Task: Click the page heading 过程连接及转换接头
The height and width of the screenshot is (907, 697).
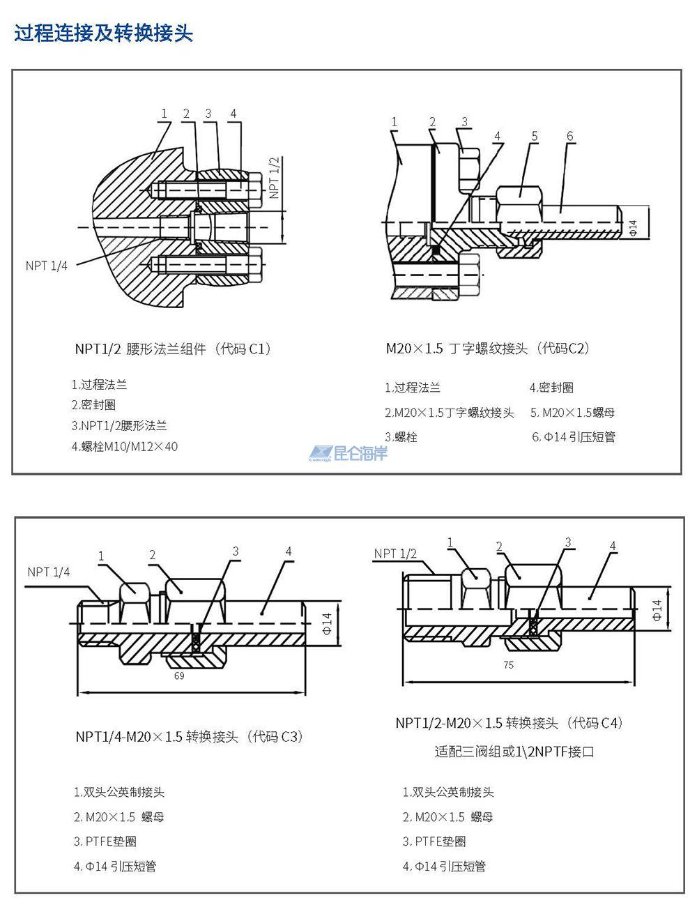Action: pos(103,33)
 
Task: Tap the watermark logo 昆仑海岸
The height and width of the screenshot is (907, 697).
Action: pos(348,453)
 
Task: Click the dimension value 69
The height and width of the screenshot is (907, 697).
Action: pos(179,676)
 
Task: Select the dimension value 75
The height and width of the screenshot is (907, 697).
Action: pos(509,664)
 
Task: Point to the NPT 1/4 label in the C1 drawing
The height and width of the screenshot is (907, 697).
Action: pos(47,266)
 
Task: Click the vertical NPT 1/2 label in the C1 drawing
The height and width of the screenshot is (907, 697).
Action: pos(274,178)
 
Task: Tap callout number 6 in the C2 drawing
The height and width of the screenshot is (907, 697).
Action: pos(569,135)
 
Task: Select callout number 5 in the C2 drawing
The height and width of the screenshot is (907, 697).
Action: pos(535,135)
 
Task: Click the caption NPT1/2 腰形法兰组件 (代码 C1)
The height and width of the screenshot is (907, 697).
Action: pos(172,349)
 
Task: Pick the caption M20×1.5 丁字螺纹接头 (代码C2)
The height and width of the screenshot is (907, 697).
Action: pos(488,349)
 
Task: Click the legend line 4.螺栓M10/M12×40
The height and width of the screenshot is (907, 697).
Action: pos(125,446)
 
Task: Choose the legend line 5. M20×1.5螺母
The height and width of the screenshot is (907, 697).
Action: pos(572,413)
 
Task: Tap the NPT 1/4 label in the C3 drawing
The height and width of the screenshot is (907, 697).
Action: pos(49,572)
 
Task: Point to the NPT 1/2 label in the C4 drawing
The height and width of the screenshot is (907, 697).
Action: pos(395,554)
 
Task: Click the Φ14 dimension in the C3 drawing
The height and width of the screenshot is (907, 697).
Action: pos(328,619)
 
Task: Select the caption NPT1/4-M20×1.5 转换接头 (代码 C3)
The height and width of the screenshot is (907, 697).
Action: pos(189,736)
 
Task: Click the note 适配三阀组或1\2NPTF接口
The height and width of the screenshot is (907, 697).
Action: pos(514,752)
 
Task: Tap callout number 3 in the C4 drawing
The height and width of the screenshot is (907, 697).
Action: pos(568,542)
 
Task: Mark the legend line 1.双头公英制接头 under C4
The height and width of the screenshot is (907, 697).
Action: pos(448,792)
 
